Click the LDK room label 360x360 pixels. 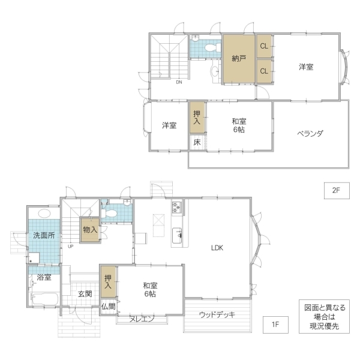click(x=217, y=248)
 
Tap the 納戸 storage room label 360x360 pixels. click(x=239, y=59)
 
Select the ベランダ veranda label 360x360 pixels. click(x=310, y=133)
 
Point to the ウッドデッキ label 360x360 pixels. click(x=217, y=314)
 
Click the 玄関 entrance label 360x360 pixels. click(x=85, y=293)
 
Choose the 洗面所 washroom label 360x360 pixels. click(x=44, y=235)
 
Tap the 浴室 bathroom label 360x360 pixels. click(x=44, y=277)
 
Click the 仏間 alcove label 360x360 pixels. click(x=109, y=306)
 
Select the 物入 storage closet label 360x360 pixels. click(x=90, y=229)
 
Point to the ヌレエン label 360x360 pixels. click(x=142, y=319)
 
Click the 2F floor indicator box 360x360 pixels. click(x=337, y=191)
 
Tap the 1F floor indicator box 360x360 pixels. click(x=275, y=325)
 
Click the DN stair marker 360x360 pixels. click(x=179, y=82)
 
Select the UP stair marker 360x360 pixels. click(x=70, y=247)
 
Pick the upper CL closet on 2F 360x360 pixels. click(x=264, y=46)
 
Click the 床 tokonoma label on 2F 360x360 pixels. click(x=197, y=142)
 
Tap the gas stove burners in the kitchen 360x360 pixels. click(x=177, y=208)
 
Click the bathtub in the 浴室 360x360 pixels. click(x=44, y=298)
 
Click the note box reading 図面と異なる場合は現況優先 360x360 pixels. click(x=324, y=316)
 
